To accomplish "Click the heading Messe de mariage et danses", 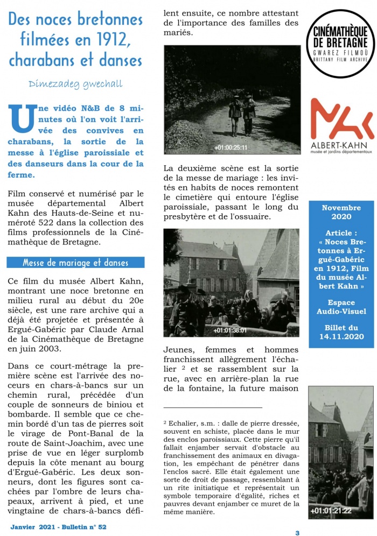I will click(x=75, y=263).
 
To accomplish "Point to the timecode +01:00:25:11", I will click(x=231, y=147).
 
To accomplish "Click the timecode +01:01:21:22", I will click(x=331, y=510).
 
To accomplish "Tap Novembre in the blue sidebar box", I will click(x=341, y=207).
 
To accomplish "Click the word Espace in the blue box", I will click(x=341, y=302).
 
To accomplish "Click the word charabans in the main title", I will click(x=47, y=58).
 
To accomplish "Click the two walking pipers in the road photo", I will click(x=241, y=113).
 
